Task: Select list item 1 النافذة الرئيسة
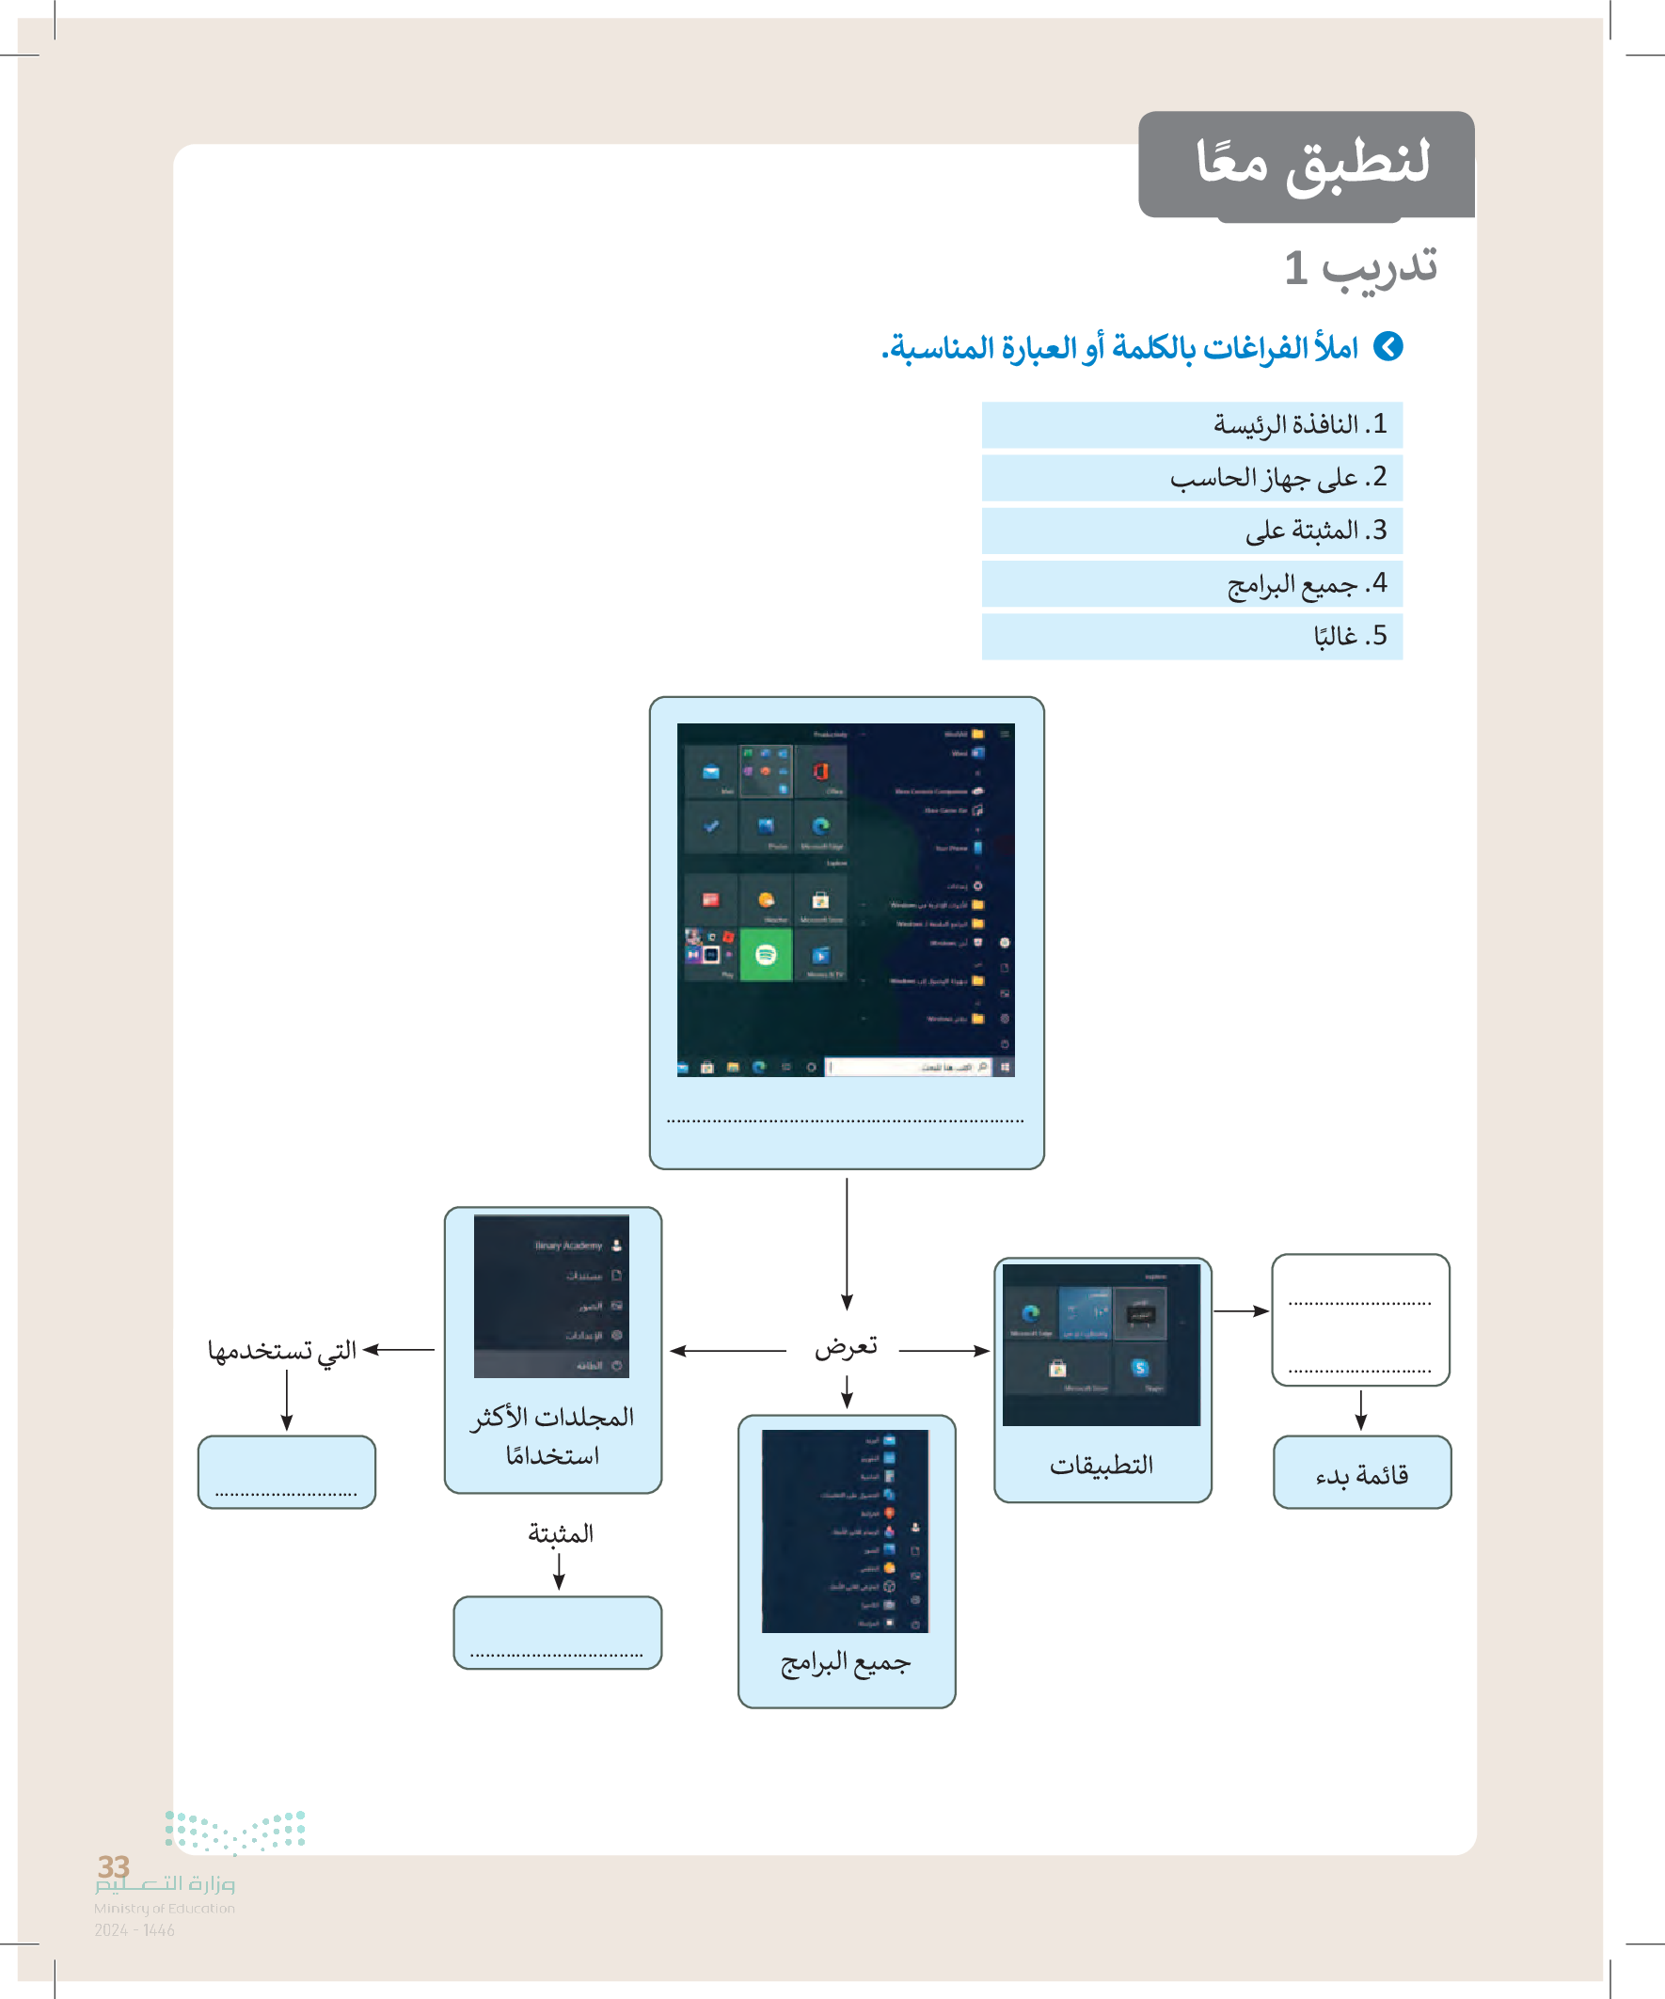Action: [1299, 424]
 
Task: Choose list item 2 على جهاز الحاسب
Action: [1277, 478]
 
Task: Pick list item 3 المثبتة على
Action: [1316, 531]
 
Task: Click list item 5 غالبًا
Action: [1350, 636]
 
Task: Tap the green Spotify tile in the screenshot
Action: [766, 955]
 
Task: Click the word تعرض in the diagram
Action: [846, 1347]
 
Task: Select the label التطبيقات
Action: [1102, 1465]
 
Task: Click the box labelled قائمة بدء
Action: [1361, 1474]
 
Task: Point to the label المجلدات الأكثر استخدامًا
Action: [552, 1436]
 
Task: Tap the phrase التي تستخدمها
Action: [282, 1350]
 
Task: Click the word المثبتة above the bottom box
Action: [561, 1532]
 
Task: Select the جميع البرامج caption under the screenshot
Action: [846, 1662]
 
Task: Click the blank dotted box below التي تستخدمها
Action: [287, 1471]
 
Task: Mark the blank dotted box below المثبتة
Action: [557, 1632]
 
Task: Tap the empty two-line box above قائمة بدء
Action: [1360, 1319]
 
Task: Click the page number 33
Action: [113, 1866]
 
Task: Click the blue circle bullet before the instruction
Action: [1389, 346]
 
